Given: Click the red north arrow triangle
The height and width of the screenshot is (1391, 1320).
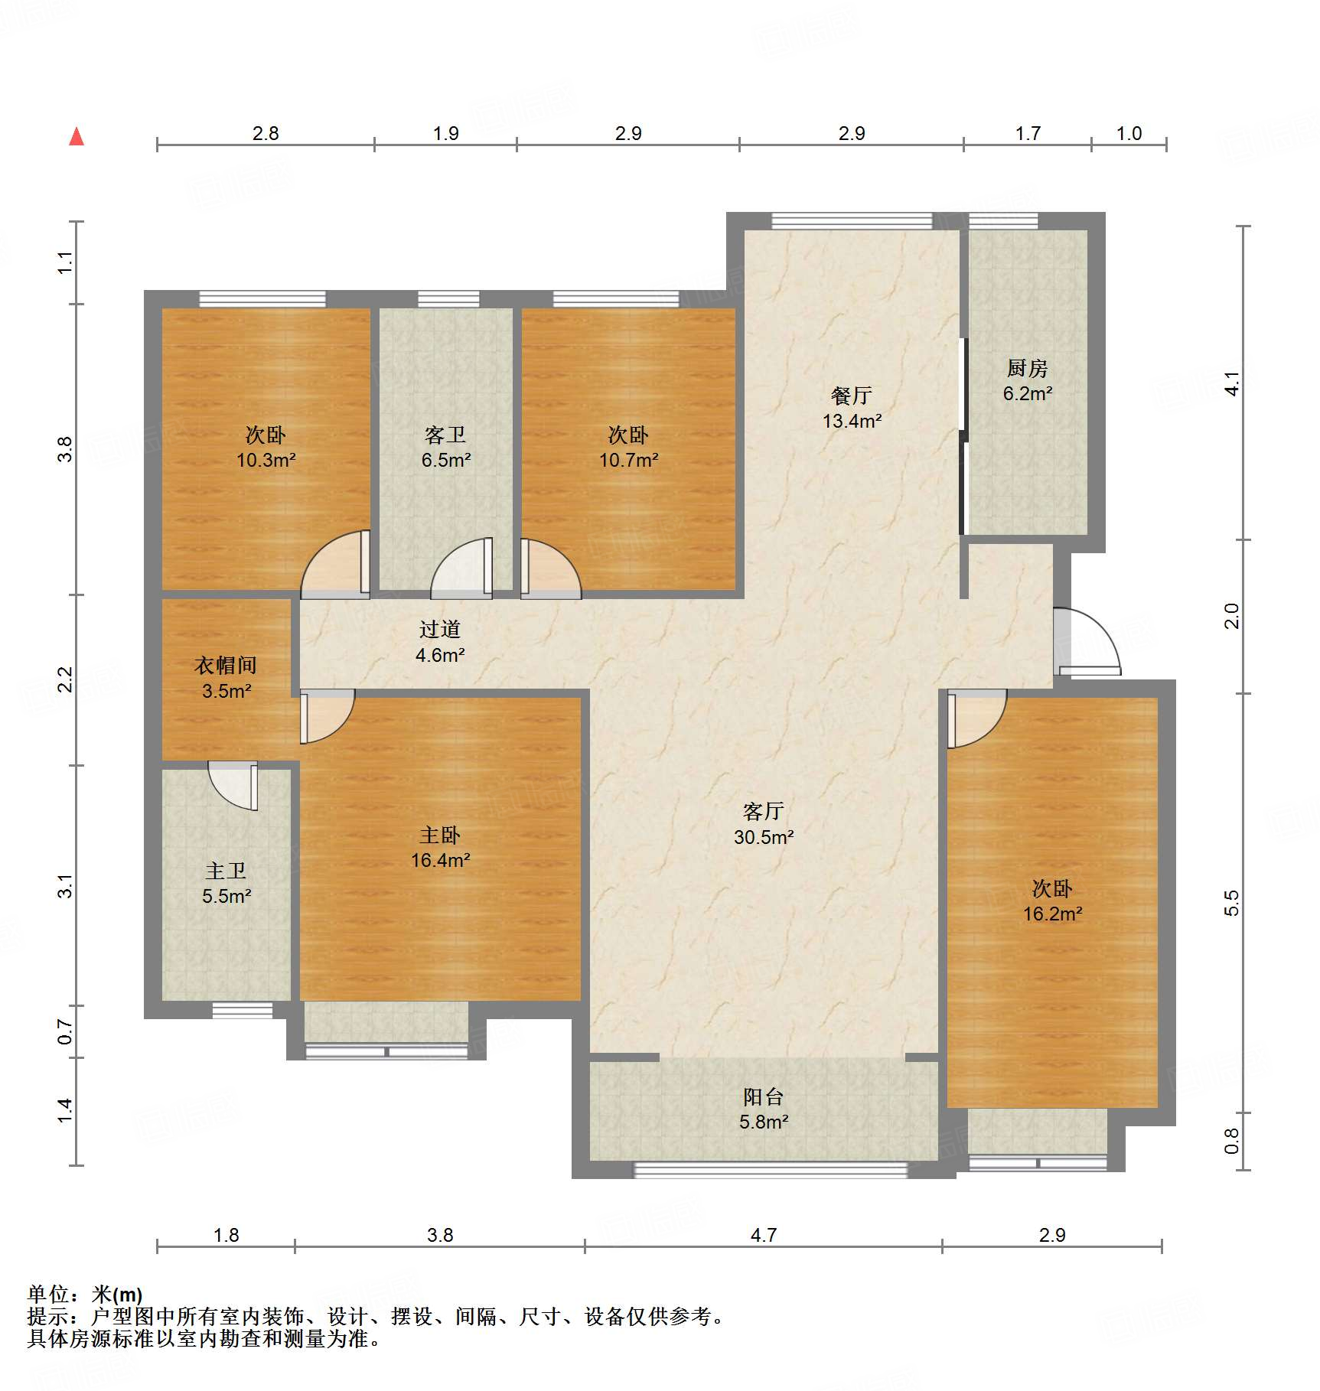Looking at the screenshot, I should [77, 137].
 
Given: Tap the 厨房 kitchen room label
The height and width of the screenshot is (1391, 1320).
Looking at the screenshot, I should [1027, 369].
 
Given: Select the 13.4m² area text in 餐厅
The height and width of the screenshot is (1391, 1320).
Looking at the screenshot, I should [852, 421].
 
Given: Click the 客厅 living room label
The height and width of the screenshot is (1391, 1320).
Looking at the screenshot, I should [763, 811].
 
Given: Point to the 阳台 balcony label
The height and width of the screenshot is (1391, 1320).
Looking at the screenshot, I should [763, 1097].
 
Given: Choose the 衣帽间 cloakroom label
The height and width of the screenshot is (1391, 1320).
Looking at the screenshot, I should [225, 666].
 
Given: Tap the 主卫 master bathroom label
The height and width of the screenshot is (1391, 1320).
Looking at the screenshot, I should [226, 871].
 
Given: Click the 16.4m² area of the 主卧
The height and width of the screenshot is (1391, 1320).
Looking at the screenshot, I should [440, 860].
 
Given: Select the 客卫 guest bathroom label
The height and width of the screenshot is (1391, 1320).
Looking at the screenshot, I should [445, 435].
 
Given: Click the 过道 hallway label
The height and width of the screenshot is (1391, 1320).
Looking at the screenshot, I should [440, 630].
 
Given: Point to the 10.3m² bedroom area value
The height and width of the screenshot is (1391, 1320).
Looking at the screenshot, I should [266, 460].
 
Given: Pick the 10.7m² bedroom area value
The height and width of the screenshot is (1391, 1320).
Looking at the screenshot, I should [628, 460].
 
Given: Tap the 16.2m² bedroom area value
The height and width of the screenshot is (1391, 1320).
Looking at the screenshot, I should [1052, 914].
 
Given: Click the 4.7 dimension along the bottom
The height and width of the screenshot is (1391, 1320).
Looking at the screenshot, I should [763, 1235].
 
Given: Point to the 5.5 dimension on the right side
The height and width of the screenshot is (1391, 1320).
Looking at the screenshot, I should [1231, 903].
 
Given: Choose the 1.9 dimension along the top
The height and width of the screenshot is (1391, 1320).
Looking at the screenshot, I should [445, 134].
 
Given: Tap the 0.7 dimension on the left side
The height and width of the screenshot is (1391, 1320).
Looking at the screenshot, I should [66, 1031].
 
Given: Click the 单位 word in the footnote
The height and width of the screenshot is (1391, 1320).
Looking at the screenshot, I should [48, 1295].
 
